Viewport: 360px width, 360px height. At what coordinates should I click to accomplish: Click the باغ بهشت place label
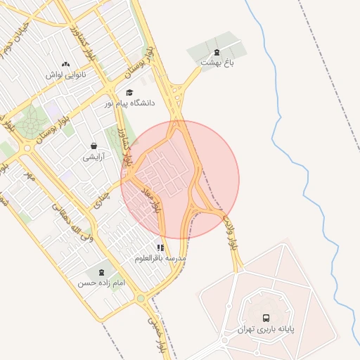pos(216,63)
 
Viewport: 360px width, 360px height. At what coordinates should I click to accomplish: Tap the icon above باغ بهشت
pos(216,51)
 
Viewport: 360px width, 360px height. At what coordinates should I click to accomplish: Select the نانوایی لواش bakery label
pos(66,75)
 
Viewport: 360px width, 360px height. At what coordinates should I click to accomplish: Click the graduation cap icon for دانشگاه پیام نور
pos(129,92)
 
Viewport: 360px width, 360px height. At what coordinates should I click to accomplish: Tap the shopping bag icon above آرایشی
pos(94,146)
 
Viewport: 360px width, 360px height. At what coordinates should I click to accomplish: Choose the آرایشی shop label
pos(94,157)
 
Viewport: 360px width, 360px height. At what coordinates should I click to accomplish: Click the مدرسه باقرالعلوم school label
pos(161,259)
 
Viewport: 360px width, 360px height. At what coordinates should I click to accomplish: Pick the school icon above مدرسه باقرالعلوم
pos(161,247)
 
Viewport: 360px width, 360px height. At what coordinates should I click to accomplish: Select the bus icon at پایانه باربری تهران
pos(266,318)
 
